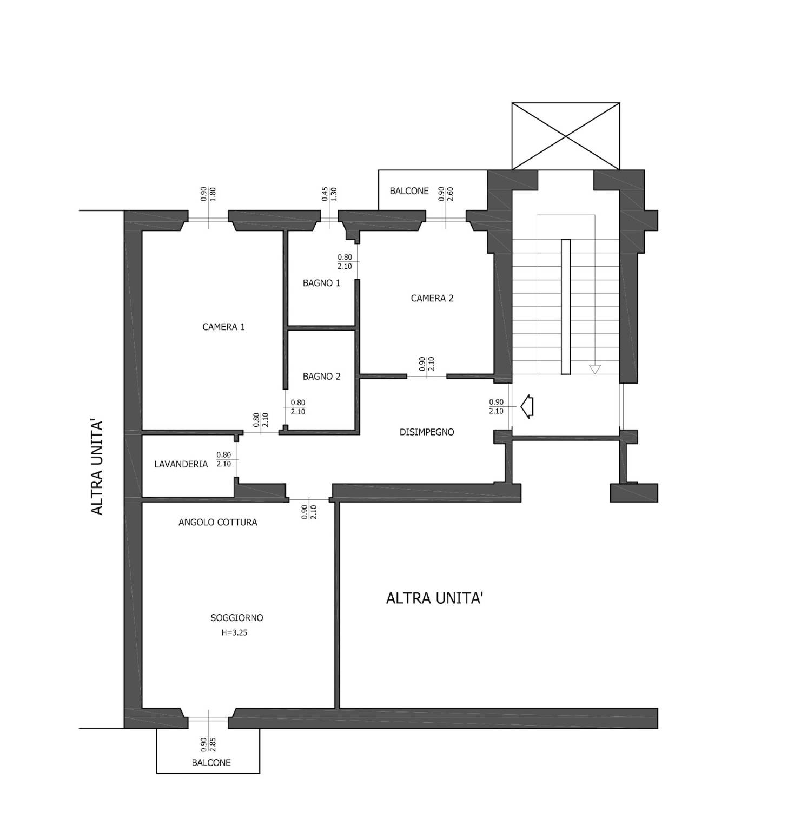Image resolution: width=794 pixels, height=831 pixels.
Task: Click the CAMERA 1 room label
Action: (223, 327)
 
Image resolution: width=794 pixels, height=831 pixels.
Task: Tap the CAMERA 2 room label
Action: (432, 298)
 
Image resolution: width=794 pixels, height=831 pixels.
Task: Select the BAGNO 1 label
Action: (322, 283)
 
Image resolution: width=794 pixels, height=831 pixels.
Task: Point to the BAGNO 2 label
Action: (322, 377)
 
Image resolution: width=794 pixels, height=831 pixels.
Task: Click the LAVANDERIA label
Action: (181, 464)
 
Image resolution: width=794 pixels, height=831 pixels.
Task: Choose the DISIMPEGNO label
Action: (427, 432)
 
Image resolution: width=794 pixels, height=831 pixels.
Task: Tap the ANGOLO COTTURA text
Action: (217, 523)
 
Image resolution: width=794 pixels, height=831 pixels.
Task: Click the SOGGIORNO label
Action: (237, 618)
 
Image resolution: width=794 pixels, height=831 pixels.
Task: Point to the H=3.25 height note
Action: (234, 632)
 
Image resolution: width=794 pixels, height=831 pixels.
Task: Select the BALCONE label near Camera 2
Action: (409, 191)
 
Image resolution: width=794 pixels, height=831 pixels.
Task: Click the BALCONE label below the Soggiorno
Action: (211, 763)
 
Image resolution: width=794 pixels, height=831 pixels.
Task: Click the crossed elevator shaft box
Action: (566, 136)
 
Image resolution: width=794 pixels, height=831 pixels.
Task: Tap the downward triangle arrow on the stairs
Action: (595, 370)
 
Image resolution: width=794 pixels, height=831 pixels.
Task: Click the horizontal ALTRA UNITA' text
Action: (434, 598)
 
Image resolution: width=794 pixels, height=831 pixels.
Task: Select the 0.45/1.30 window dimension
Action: (329, 195)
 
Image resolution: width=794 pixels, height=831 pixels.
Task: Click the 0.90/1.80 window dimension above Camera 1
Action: (208, 195)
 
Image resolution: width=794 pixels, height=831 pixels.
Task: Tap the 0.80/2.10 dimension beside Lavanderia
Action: (223, 460)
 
